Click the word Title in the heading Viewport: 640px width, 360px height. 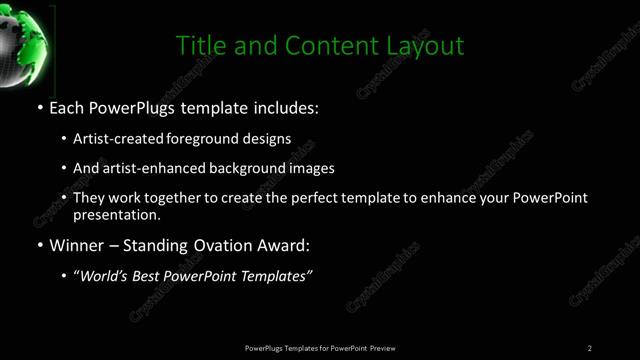click(198, 46)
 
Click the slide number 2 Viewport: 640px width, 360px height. click(590, 348)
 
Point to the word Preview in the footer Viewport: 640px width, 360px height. click(383, 348)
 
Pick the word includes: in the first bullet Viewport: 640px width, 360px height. click(287, 106)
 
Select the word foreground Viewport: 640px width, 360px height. click(211, 139)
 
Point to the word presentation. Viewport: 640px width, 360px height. click(116, 214)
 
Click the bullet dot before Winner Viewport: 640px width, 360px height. click(39, 245)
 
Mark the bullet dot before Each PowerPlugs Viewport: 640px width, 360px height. click(39, 106)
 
